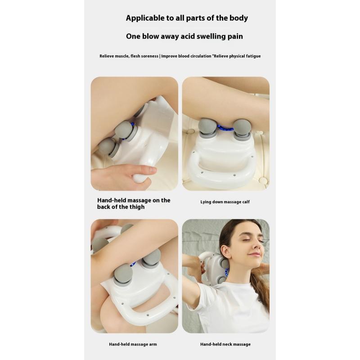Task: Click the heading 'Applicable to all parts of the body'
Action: pos(187,18)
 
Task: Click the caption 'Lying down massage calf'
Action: pos(225,202)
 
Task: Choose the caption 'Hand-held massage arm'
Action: pos(133,344)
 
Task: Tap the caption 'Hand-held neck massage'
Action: pos(225,344)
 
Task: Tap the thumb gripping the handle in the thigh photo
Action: pos(146,170)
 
